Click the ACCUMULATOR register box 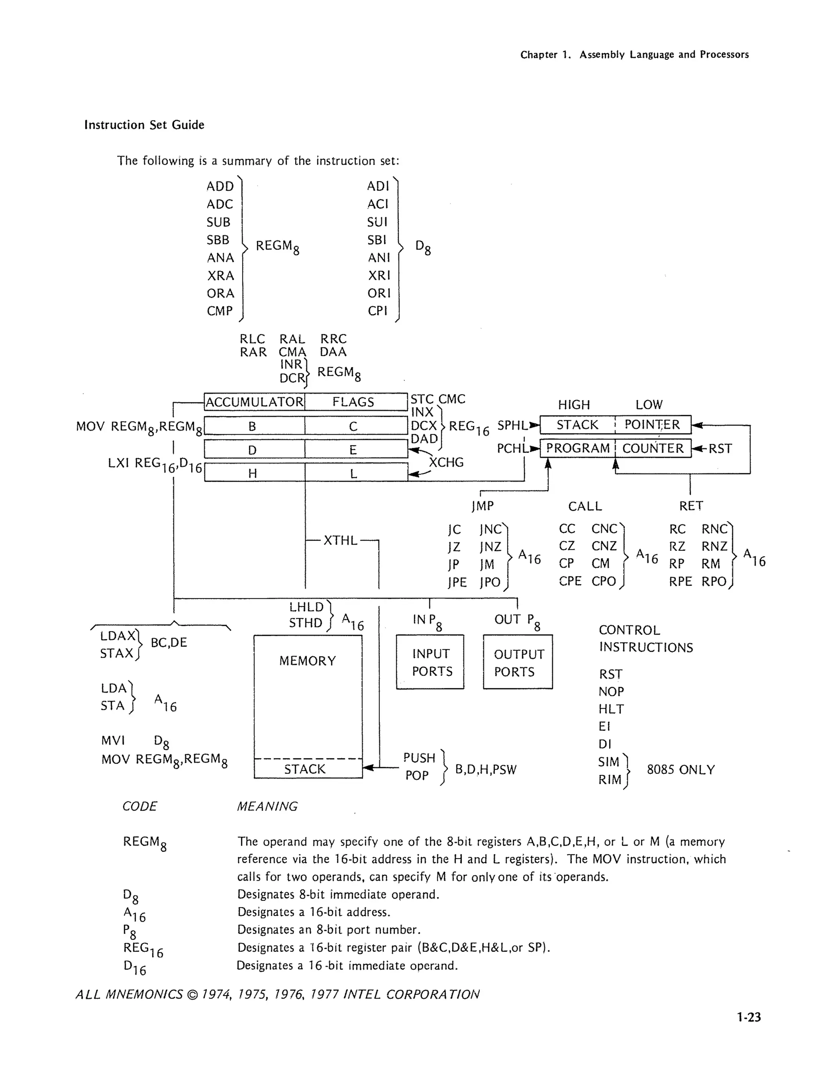click(x=255, y=402)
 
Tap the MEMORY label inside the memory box click(x=308, y=661)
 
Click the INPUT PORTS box click(x=430, y=662)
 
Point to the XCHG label click(x=446, y=462)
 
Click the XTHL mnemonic click(x=340, y=540)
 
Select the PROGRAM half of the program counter click(x=578, y=448)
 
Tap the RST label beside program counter click(x=720, y=448)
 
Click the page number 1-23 click(x=748, y=1017)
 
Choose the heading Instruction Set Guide click(x=144, y=125)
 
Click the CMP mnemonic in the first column click(x=220, y=311)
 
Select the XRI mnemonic click(x=379, y=275)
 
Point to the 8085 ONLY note click(x=681, y=769)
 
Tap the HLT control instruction click(x=611, y=709)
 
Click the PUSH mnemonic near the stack click(x=419, y=758)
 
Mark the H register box click(x=253, y=473)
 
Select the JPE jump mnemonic click(x=457, y=582)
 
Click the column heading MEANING click(x=267, y=806)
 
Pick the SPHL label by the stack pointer click(x=512, y=425)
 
